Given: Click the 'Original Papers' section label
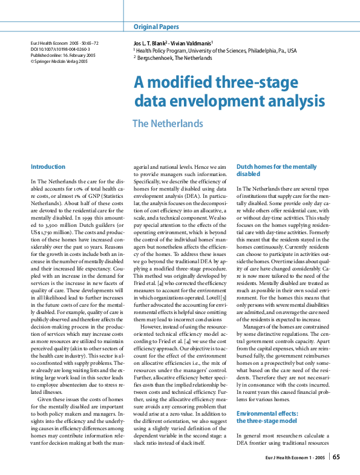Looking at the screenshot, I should [x=156, y=27].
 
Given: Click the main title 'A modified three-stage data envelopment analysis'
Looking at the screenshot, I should [x=229, y=92].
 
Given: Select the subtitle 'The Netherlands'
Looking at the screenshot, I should [x=168, y=123].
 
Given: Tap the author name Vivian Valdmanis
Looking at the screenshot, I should [x=194, y=44].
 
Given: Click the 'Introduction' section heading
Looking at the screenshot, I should [x=48, y=166].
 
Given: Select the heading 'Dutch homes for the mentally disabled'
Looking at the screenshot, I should [x=276, y=170].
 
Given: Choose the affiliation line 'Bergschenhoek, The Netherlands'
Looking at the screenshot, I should [x=175, y=59].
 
